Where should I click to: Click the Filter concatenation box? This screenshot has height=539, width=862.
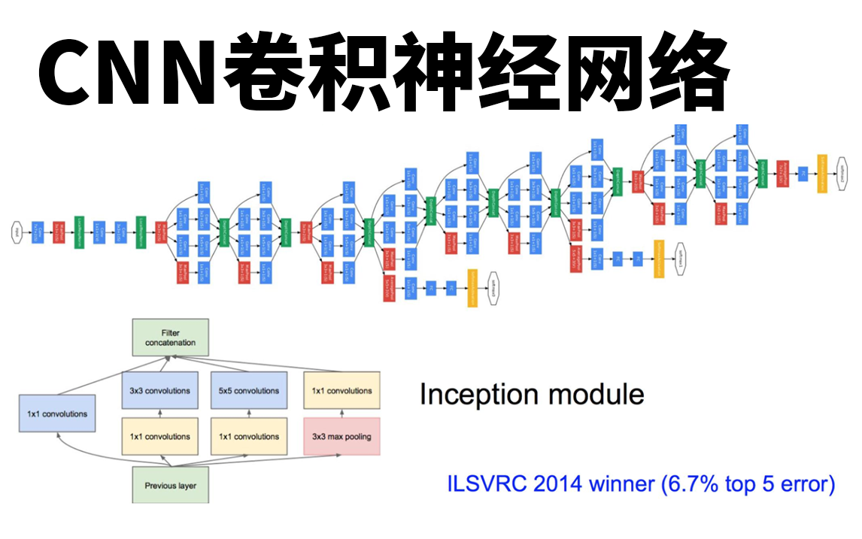pos(170,338)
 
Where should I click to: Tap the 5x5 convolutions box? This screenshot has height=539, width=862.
pos(249,391)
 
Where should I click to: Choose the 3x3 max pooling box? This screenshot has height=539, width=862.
pos(341,437)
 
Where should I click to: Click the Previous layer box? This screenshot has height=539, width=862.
pos(170,485)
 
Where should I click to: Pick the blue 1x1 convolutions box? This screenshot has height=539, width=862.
pos(57,413)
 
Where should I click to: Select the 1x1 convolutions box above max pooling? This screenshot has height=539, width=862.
pos(341,391)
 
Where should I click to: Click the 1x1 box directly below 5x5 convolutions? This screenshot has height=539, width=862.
pos(249,437)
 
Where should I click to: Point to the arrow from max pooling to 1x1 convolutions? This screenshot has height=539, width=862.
pos(341,413)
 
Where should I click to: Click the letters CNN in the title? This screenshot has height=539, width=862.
pos(121,72)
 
